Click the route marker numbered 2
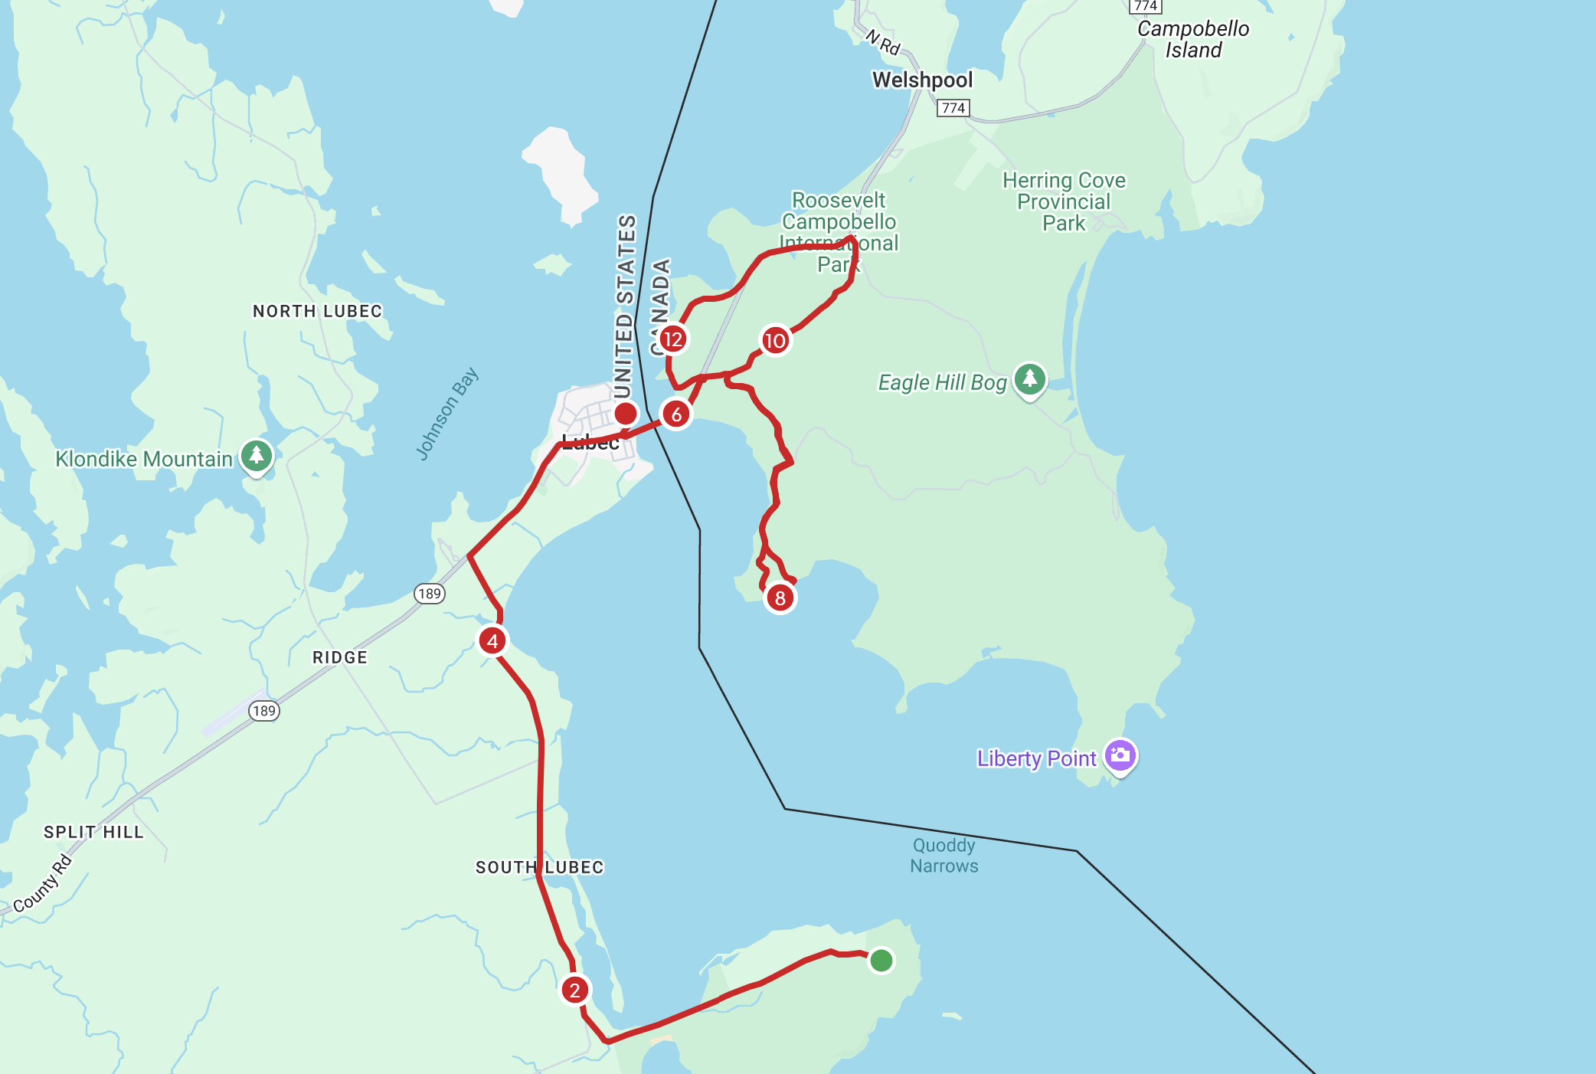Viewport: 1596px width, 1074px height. coord(574,990)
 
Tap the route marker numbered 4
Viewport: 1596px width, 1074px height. coord(492,640)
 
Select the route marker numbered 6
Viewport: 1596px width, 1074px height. coord(676,414)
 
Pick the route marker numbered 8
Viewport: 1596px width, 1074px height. coord(780,598)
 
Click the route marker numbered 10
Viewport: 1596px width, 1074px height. coord(775,340)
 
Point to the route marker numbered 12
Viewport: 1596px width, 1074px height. coord(672,339)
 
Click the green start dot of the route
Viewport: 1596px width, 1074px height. coord(881,960)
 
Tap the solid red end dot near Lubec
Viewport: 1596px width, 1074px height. coord(626,414)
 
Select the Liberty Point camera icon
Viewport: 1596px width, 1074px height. coord(1120,755)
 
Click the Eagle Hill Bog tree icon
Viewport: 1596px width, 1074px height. coord(1029,379)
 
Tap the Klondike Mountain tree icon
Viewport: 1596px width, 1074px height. coord(256,456)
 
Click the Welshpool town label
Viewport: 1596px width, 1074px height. coord(922,80)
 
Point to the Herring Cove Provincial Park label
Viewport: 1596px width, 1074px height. coord(1064,201)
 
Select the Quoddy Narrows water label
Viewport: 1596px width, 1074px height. coord(944,856)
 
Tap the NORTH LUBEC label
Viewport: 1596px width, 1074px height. coord(317,311)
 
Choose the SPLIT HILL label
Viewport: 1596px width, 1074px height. coord(93,832)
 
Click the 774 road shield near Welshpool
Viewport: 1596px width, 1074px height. coord(953,108)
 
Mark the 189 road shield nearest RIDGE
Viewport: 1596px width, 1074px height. coord(430,594)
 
